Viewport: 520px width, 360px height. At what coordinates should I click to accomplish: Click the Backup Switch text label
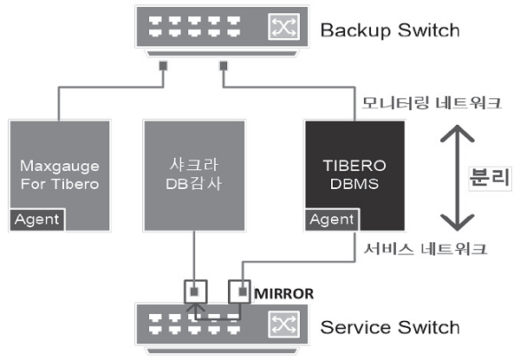(x=390, y=31)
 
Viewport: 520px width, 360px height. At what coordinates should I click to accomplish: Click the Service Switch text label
(x=390, y=327)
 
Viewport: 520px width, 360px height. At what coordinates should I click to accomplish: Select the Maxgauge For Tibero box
(x=59, y=169)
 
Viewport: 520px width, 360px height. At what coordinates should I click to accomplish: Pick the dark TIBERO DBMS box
(x=355, y=169)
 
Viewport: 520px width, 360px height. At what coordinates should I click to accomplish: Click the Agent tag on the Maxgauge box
(x=37, y=219)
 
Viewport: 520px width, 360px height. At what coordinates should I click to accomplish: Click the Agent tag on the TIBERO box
(x=332, y=219)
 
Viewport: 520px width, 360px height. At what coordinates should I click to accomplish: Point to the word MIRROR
(x=283, y=292)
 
